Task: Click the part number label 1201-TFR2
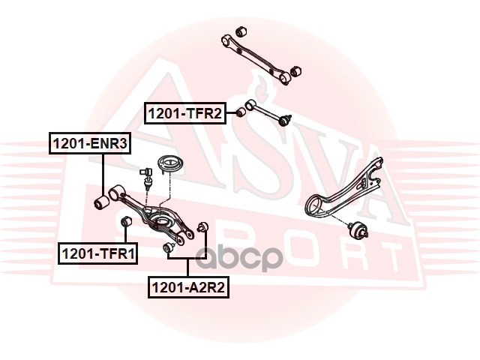pos(184,113)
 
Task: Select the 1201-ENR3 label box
pos(89,142)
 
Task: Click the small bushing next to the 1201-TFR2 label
pos(240,112)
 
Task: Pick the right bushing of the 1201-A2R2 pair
pos(202,227)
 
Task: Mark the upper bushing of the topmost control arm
pos(241,31)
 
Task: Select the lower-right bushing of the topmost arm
pos(295,70)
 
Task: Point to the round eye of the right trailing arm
pos(316,202)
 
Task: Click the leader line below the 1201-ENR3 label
pos(103,172)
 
